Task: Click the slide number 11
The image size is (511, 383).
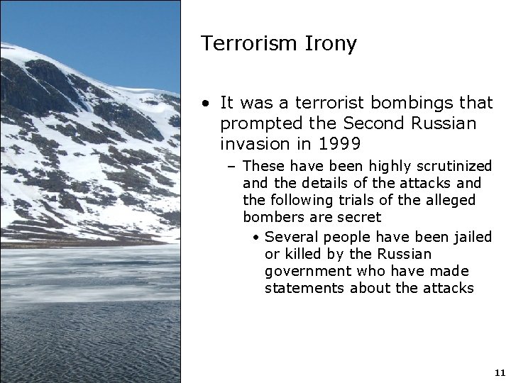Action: coord(498,372)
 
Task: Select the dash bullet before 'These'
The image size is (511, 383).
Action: coord(233,167)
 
